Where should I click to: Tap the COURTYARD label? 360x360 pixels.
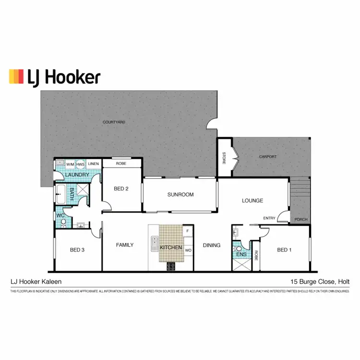click(114, 122)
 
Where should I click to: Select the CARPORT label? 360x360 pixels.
click(268, 157)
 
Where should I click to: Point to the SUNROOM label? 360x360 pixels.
click(180, 194)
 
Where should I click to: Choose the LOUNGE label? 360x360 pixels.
click(252, 201)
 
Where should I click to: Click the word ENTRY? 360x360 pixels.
click(269, 218)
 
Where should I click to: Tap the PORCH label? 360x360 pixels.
click(300, 220)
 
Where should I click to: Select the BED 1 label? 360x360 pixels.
click(284, 250)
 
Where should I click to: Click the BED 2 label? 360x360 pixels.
click(121, 189)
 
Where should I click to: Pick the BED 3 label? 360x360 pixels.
click(77, 250)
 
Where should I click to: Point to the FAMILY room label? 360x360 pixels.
click(125, 245)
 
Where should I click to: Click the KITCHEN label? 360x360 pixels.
click(171, 247)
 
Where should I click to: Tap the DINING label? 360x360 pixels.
click(212, 245)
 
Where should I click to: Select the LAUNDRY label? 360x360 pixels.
click(77, 175)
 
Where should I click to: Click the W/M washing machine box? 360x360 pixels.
click(70, 164)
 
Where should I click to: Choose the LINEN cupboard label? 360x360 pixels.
click(94, 164)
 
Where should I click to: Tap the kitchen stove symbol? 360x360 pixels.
click(171, 265)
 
